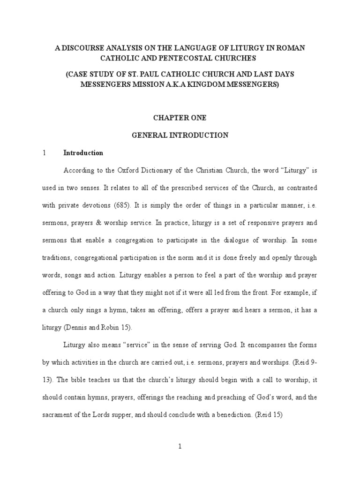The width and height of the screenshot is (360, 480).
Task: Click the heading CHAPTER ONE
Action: (180, 118)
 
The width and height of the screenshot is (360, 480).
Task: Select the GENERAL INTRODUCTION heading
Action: (180, 135)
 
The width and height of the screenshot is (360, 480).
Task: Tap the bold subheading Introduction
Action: (83, 153)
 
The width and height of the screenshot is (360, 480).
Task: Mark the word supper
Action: (134, 414)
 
